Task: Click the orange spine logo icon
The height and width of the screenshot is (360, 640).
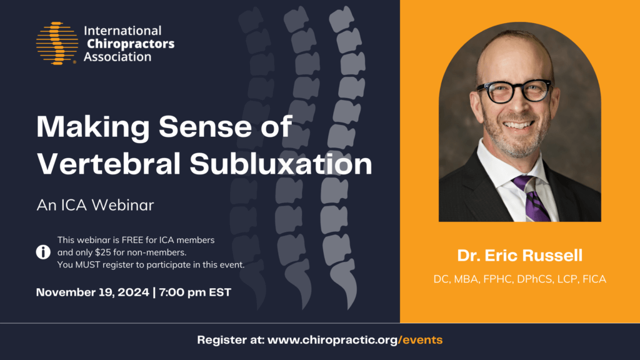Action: click(57, 44)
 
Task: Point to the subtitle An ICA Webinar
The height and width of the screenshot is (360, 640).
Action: click(95, 204)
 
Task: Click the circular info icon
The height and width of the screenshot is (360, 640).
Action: click(43, 252)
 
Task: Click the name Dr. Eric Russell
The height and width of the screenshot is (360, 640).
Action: click(519, 256)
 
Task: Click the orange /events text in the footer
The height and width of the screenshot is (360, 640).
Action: click(422, 341)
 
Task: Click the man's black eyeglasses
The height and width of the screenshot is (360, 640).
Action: click(514, 91)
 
